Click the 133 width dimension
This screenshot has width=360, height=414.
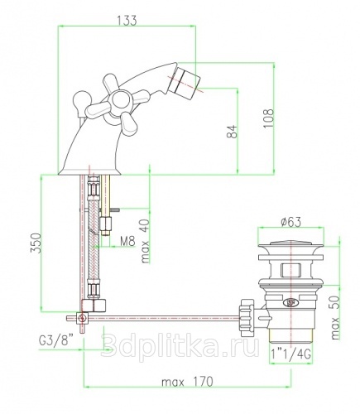click(127, 20)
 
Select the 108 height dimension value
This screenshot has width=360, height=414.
click(268, 118)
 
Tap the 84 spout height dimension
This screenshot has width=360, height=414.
click(232, 132)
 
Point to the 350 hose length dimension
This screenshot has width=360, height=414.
click(36, 243)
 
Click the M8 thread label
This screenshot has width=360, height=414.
click(127, 241)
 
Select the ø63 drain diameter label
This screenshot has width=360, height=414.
click(290, 222)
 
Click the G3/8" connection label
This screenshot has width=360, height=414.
click(56, 341)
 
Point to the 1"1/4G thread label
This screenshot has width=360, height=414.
click(290, 354)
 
